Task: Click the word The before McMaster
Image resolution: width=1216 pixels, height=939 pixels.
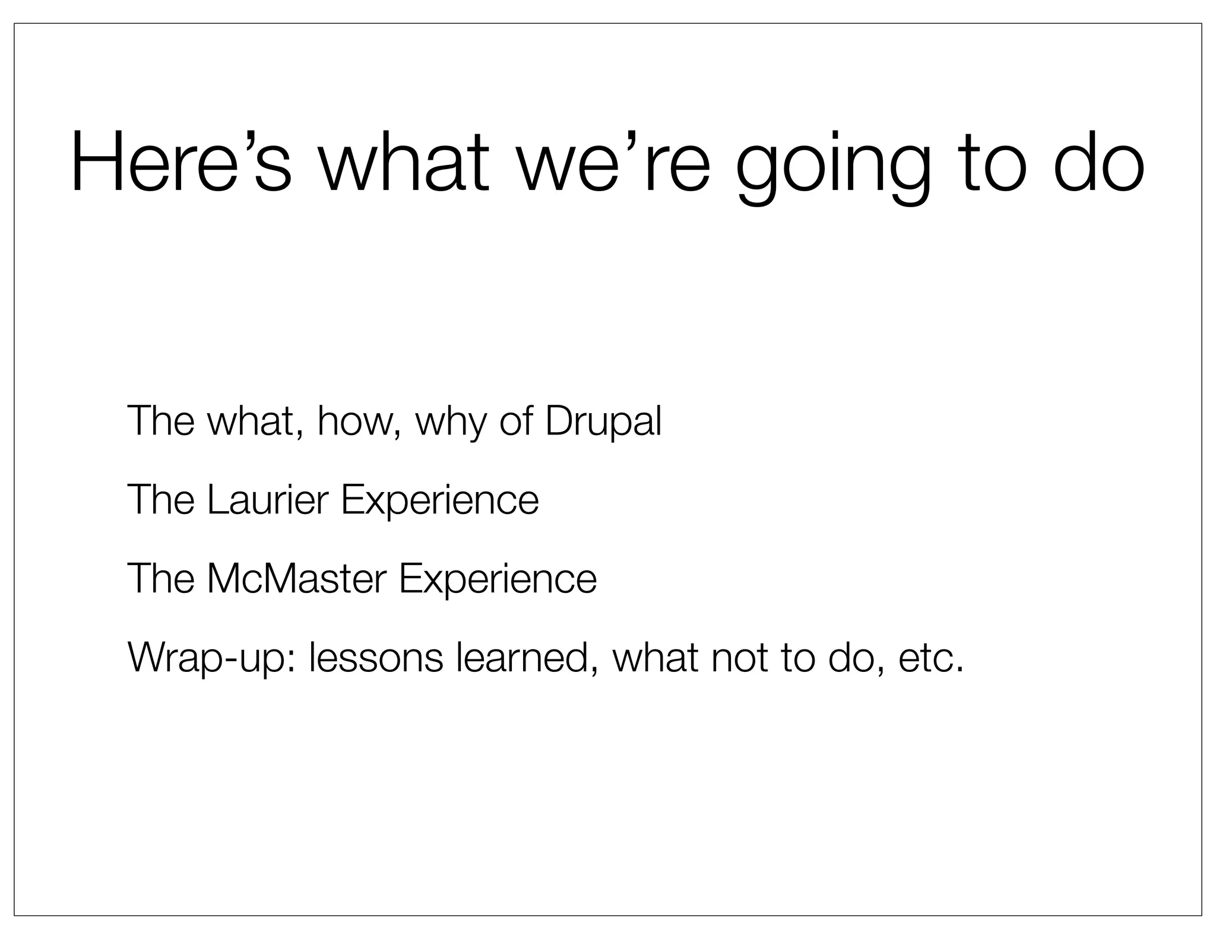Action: click(x=160, y=579)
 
